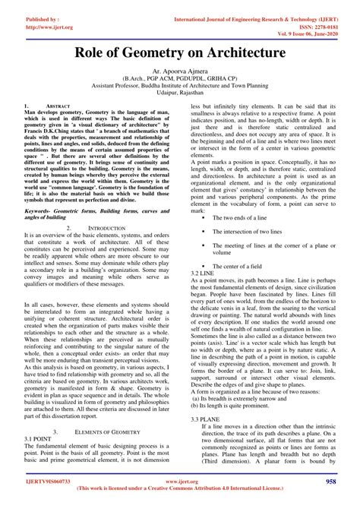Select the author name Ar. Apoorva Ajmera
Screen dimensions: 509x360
[x=180, y=69]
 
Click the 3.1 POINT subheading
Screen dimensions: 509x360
[x=37, y=438]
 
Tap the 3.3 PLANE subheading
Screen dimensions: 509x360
[x=205, y=419]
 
